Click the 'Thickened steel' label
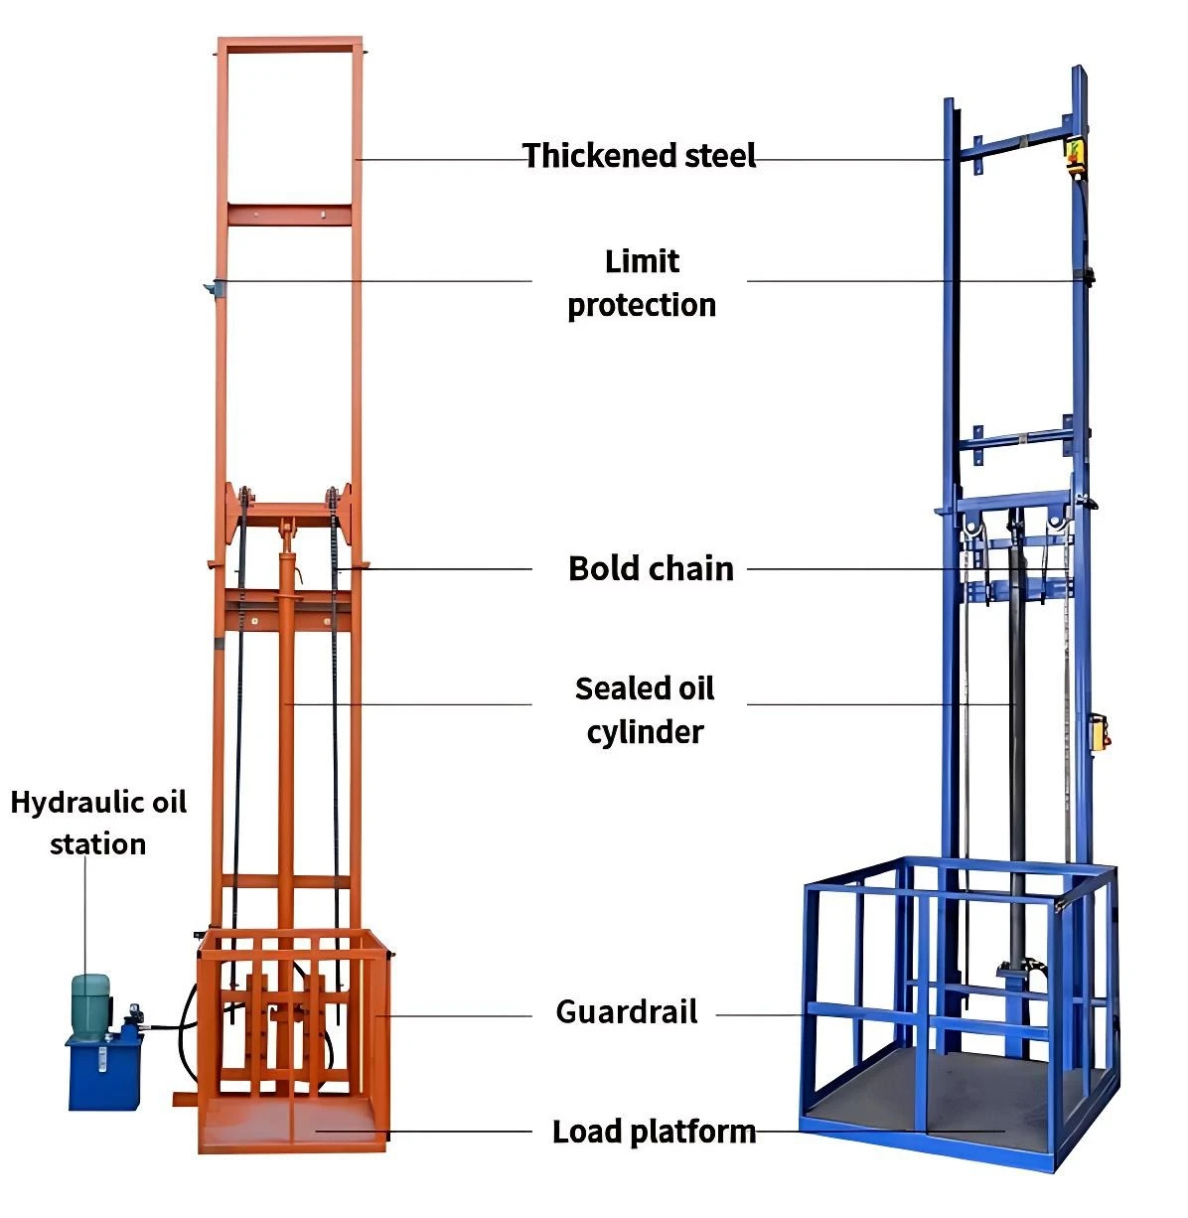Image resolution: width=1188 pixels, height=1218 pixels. point(639,155)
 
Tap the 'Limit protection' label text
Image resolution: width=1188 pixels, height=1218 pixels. point(642,283)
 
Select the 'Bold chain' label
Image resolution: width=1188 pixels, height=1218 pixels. point(651,569)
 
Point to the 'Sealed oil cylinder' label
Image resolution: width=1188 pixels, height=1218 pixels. point(645,710)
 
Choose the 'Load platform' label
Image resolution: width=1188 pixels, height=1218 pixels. point(654,1132)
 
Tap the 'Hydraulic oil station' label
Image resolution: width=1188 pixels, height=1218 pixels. point(98,823)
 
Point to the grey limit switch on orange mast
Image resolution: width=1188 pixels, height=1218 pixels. point(211,288)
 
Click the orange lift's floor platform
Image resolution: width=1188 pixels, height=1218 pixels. point(292,1124)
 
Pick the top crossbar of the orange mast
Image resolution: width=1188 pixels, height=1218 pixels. point(290,45)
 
